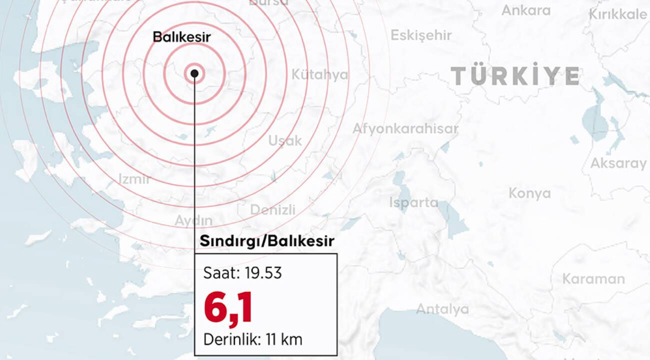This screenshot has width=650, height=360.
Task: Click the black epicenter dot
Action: (194, 74)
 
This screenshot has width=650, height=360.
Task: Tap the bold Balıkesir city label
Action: (181, 37)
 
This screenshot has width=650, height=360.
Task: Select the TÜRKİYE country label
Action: (515, 75)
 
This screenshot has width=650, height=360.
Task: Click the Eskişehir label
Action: (421, 35)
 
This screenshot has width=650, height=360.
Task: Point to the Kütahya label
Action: (319, 75)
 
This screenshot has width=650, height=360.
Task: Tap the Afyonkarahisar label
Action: (405, 128)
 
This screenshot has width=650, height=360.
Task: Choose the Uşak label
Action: (285, 140)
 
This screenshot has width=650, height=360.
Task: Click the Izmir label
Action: (134, 178)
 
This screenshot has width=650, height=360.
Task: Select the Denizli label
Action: (272, 209)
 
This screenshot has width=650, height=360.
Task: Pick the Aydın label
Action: (193, 220)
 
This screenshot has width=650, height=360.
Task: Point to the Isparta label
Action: (413, 202)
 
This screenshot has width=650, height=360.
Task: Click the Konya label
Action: (529, 193)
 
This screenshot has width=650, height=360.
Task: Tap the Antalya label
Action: (442, 309)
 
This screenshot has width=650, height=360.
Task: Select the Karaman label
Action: (593, 278)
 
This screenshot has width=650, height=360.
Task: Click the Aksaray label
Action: (618, 163)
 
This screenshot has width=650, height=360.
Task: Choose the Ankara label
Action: (525, 10)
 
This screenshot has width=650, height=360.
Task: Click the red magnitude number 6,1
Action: (227, 308)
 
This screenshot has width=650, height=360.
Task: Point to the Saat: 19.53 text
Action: (242, 273)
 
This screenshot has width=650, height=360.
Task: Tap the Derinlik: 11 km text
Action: (252, 340)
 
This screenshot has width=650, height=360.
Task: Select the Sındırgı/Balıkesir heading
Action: (267, 241)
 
